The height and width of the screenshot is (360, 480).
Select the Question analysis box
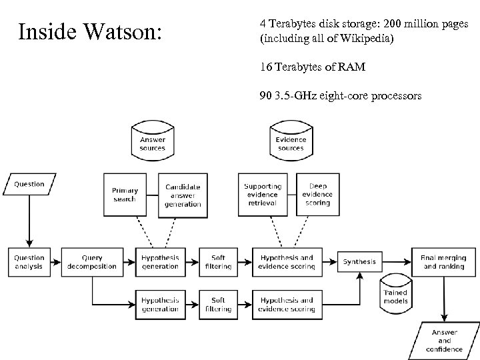(29, 262)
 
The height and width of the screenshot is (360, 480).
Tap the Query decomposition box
(91, 262)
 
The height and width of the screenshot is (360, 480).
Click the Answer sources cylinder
(153, 141)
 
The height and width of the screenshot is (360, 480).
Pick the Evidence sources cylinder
(291, 141)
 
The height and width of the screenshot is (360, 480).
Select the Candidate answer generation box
(182, 195)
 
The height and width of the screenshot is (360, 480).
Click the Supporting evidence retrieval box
(263, 195)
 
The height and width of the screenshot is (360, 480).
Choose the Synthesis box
(359, 262)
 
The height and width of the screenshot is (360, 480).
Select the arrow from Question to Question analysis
(29, 220)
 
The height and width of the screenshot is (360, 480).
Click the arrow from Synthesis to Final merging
(399, 262)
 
